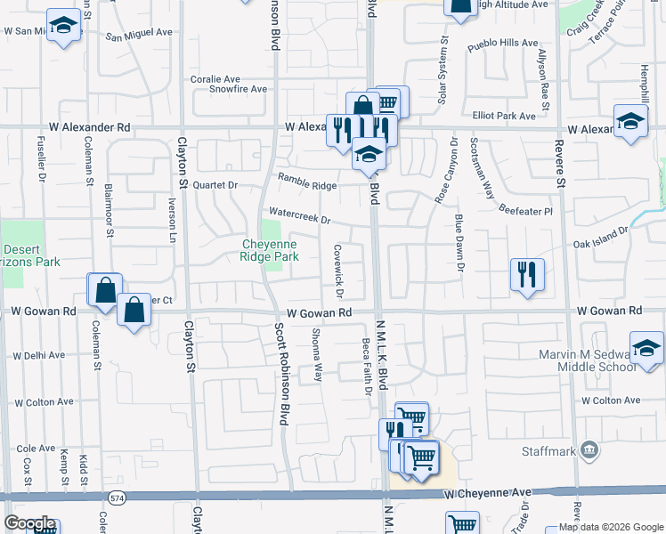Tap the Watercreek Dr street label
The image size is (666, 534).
point(299,215)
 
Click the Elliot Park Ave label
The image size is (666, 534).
point(504,116)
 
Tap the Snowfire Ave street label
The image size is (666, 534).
point(238,89)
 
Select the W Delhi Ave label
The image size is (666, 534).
point(37,355)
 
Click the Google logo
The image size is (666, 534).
point(29,523)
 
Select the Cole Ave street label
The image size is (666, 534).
point(36,449)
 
